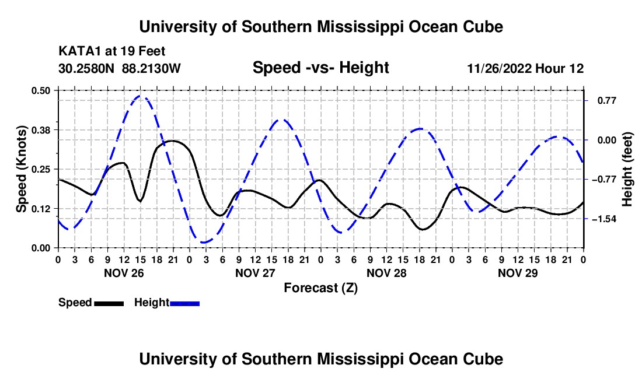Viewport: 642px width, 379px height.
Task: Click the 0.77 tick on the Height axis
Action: coord(607,100)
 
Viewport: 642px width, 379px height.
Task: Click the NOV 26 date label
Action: coord(124,273)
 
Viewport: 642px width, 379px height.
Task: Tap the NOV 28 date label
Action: coord(386,273)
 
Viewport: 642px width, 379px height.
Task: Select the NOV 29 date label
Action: coord(518,273)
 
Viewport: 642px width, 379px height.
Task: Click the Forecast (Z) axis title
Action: coord(321,288)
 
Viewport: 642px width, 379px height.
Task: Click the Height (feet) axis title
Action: coord(627,169)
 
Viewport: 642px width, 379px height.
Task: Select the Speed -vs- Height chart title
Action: coord(321,68)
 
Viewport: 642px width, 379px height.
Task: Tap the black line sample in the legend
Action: coord(109,303)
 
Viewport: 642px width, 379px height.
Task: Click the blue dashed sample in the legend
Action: coord(184,303)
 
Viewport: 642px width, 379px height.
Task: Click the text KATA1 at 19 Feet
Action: coord(112,51)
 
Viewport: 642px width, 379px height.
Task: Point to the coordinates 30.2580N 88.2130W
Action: coord(119,68)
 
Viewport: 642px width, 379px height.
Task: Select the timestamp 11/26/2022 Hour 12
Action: coord(525,68)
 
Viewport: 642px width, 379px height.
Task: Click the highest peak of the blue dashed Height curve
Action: coord(141,96)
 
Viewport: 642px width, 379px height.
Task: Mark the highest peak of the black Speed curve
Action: coord(172,141)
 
